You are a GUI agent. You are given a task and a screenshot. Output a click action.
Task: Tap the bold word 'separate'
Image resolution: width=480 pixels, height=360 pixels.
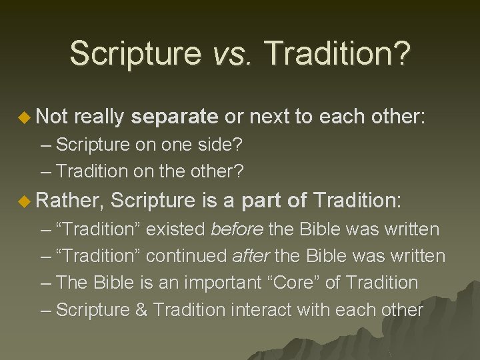point(175,117)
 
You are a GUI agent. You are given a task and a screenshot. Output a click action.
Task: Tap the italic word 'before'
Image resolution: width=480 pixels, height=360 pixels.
point(237,230)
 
